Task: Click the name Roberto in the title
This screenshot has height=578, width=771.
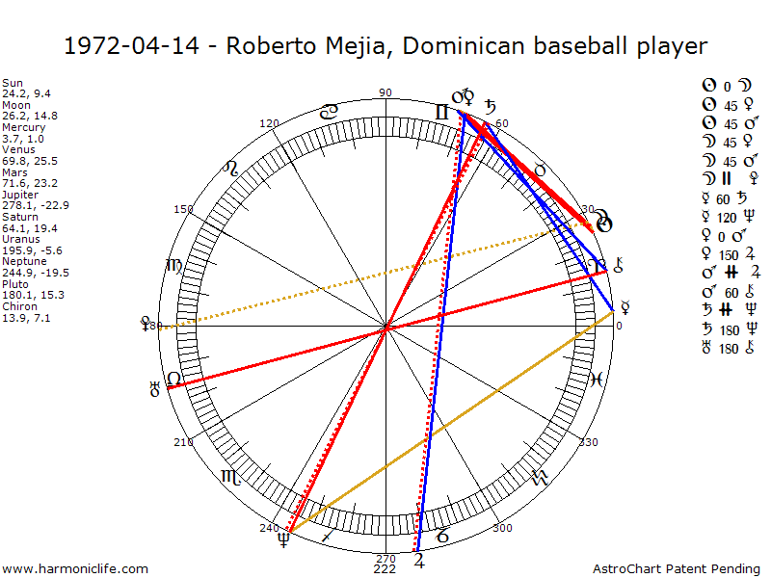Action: [269, 46]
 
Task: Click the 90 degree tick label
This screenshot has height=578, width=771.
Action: [385, 93]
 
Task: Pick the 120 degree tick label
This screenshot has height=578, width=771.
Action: [270, 123]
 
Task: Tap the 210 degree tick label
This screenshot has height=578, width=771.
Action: [183, 442]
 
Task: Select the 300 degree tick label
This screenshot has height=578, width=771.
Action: [501, 528]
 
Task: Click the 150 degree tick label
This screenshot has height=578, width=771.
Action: [183, 209]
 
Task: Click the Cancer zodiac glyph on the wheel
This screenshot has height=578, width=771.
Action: [329, 113]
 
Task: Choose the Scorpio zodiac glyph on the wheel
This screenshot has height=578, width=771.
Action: [232, 475]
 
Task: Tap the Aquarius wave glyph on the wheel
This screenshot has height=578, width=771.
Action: [540, 476]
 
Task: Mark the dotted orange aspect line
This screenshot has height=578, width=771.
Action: [376, 276]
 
